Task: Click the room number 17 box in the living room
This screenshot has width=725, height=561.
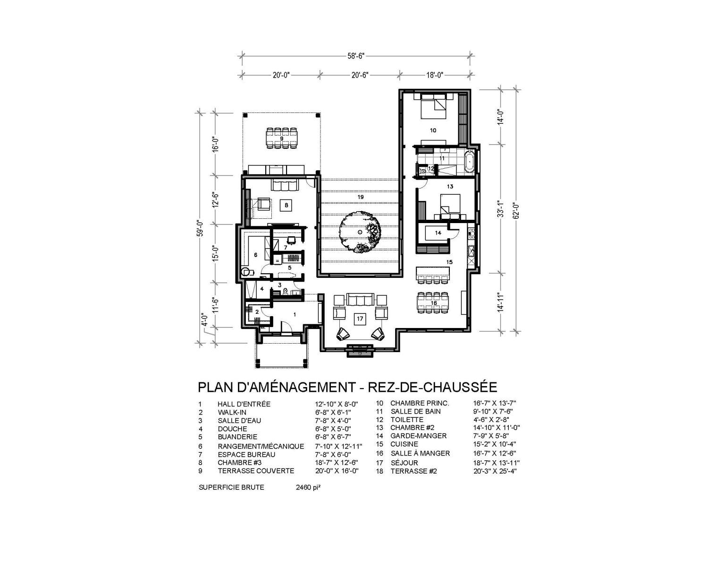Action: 360,319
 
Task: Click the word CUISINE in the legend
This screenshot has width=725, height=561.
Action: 404,444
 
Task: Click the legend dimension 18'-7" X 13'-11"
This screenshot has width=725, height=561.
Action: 495,463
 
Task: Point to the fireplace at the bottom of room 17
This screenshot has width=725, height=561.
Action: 360,350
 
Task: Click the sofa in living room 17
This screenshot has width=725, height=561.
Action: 360,300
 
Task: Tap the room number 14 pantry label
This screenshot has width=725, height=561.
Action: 438,233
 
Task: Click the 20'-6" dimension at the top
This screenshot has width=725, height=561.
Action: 359,74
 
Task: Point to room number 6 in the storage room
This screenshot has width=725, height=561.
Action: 255,255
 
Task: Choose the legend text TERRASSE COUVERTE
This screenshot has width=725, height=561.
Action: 256,471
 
